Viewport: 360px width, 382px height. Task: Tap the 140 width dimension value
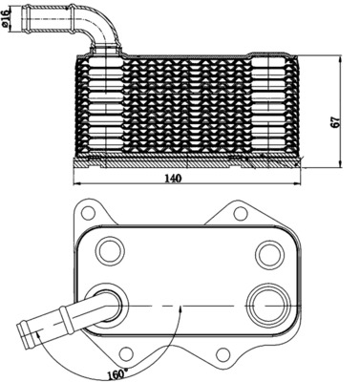[173, 179]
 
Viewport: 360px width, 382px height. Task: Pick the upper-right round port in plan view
[267, 254]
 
